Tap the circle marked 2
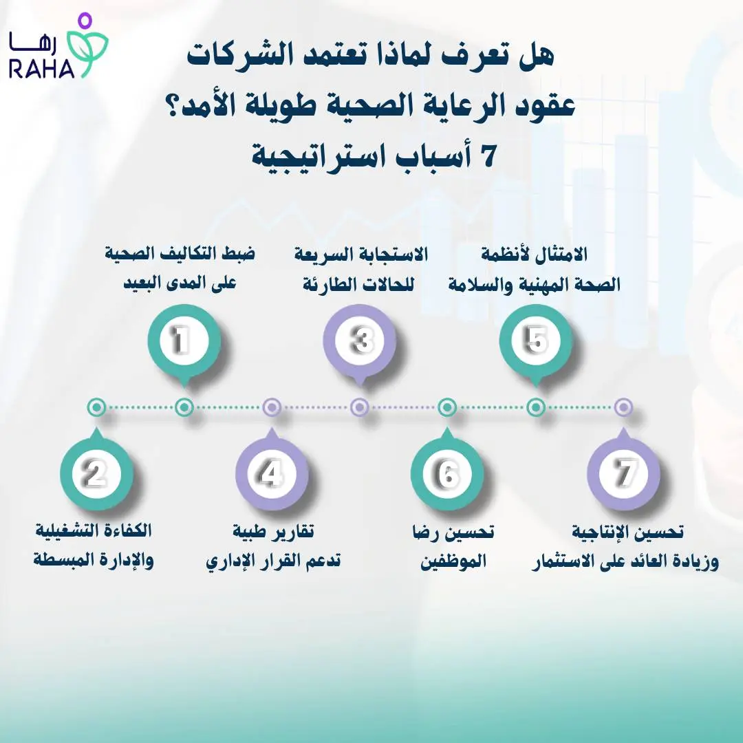click(x=96, y=473)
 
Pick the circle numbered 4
click(x=271, y=473)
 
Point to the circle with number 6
click(x=447, y=473)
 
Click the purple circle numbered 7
click(x=623, y=473)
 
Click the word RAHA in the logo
click(x=42, y=69)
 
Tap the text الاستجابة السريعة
click(x=360, y=254)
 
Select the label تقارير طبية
click(x=272, y=532)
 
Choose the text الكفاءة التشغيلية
click(x=94, y=532)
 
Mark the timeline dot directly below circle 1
click(x=184, y=407)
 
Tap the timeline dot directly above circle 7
click(x=623, y=407)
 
